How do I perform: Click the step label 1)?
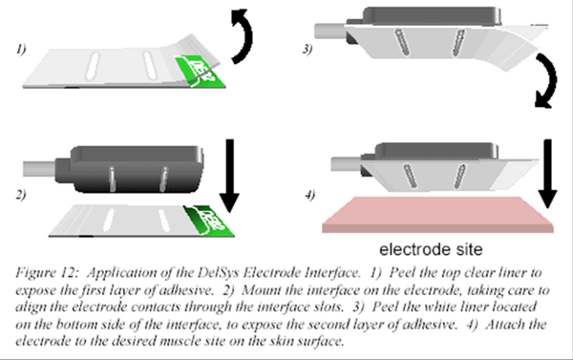pyautogui.click(x=21, y=49)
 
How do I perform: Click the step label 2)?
pyautogui.click(x=21, y=194)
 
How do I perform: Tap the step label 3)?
pyautogui.click(x=308, y=49)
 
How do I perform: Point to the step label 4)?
pyautogui.click(x=309, y=195)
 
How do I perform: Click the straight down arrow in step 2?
pyautogui.click(x=229, y=176)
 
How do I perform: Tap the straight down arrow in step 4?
pyautogui.click(x=547, y=174)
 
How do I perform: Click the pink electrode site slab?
pyautogui.click(x=437, y=215)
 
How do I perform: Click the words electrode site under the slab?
pyautogui.click(x=431, y=249)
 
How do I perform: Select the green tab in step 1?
pyautogui.click(x=201, y=72)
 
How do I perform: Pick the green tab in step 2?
pyautogui.click(x=209, y=221)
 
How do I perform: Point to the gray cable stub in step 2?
pyautogui.click(x=39, y=169)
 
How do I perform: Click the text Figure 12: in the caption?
pyautogui.click(x=47, y=272)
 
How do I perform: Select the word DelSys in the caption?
pyautogui.click(x=218, y=273)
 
